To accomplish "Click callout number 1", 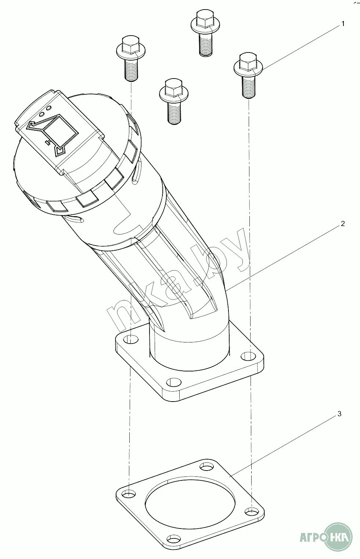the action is pyautogui.click(x=343, y=24).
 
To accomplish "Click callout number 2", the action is pyautogui.click(x=342, y=224).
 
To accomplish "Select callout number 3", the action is pyautogui.click(x=339, y=414).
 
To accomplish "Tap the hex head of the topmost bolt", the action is pyautogui.click(x=205, y=18).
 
